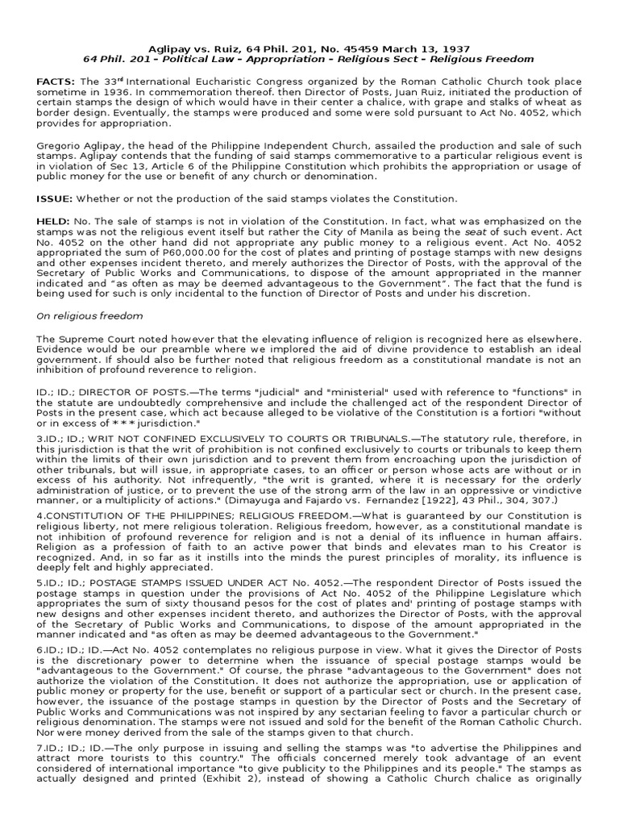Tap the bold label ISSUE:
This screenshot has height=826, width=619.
pos(54,198)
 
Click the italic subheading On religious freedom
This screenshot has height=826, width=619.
pos(89,316)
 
